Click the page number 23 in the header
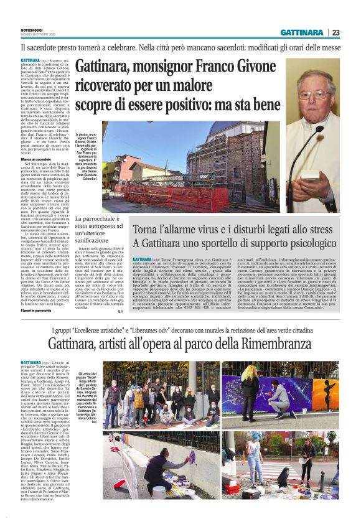pyautogui.click(x=335, y=32)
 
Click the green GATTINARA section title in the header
pyautogui.click(x=301, y=32)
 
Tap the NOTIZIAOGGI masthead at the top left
pyautogui.click(x=30, y=29)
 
